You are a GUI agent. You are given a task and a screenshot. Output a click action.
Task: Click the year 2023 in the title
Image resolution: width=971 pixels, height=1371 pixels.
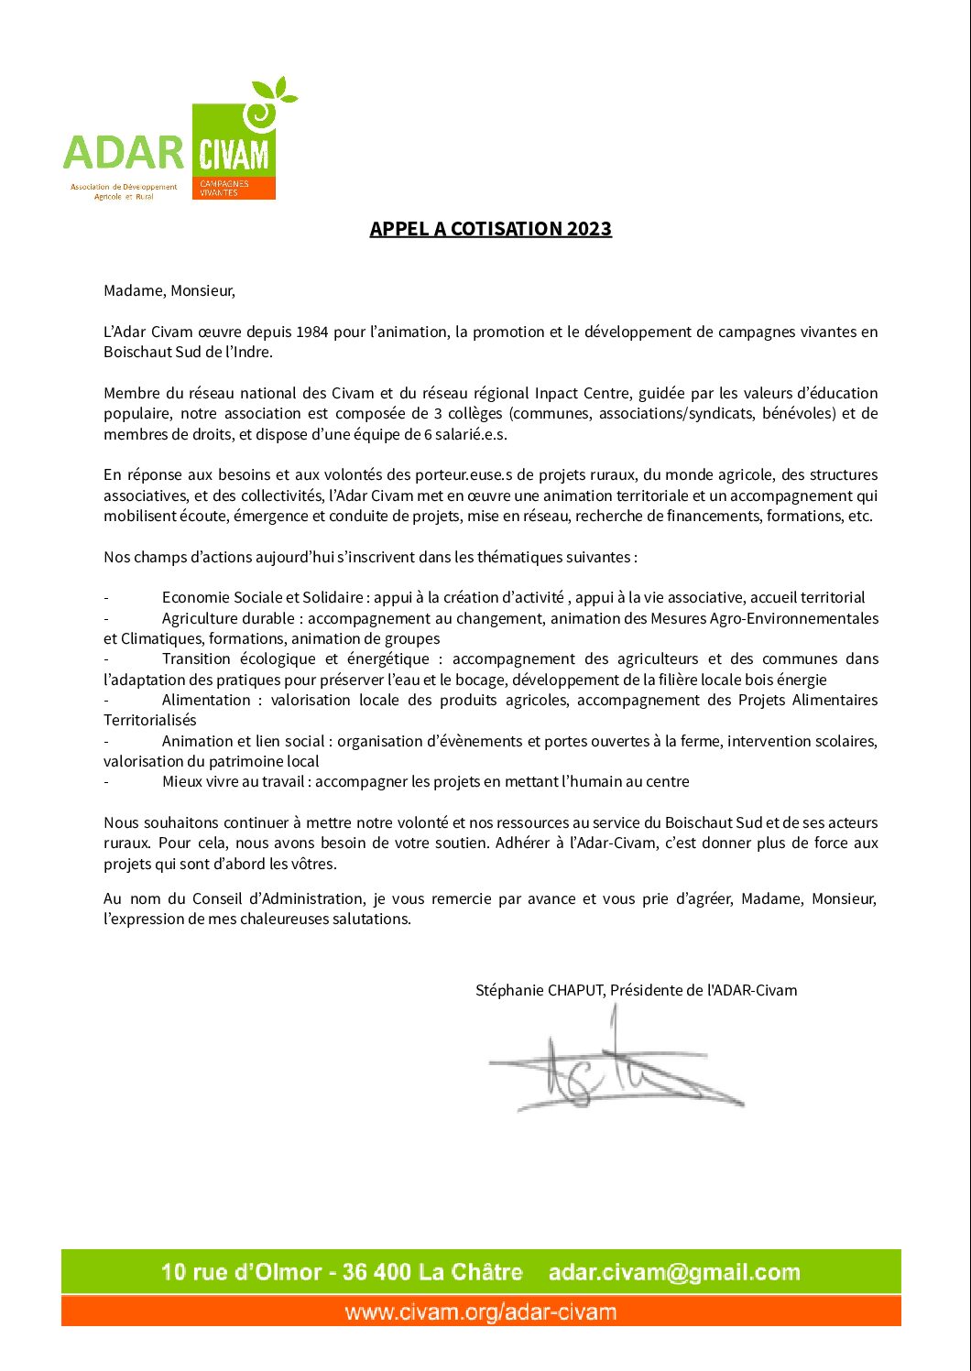click(588, 229)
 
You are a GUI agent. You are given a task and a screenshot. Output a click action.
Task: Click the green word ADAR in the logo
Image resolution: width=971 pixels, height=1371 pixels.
click(124, 153)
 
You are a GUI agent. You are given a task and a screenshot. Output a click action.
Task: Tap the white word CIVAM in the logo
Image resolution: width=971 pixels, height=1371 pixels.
click(234, 155)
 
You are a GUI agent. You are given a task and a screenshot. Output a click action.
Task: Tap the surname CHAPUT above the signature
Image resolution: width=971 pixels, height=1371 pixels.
click(575, 990)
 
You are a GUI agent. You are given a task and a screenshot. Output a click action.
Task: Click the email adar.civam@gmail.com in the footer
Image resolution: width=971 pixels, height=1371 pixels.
click(674, 1272)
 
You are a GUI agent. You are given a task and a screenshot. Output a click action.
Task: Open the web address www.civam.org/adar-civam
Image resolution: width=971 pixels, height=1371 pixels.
click(481, 1311)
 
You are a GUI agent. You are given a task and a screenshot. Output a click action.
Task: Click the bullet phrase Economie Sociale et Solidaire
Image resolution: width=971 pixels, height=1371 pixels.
click(262, 598)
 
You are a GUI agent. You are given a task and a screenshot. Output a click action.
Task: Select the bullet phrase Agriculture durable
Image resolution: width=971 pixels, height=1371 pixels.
click(228, 618)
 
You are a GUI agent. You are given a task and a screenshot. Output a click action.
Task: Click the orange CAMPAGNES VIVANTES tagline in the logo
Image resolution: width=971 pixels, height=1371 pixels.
click(224, 188)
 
